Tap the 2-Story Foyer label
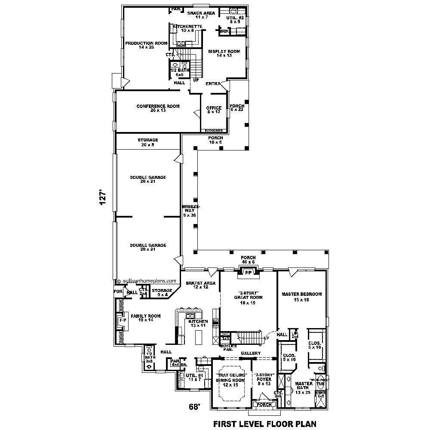pos(264,380)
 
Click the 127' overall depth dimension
pos(102,199)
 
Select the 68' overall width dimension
pos(194,406)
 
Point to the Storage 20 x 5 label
pos(148,142)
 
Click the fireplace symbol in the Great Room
pos(248,272)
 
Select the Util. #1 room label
pos(194,377)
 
